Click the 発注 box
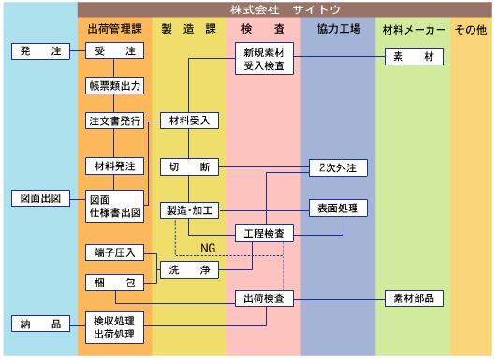click(40, 51)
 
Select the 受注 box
click(114, 50)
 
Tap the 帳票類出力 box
click(114, 86)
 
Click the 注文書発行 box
click(114, 121)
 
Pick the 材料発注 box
click(114, 166)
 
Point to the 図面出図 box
click(40, 198)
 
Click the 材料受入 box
click(189, 121)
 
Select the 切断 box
click(189, 167)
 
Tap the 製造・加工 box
click(189, 210)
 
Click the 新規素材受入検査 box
click(264, 59)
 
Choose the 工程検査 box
click(264, 234)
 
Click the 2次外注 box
click(338, 167)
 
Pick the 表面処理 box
click(338, 209)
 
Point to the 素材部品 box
click(414, 298)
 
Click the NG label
click(208, 248)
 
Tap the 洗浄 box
click(189, 270)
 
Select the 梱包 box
click(114, 282)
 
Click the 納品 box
click(40, 324)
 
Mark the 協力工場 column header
click(339, 29)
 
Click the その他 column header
click(471, 30)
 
